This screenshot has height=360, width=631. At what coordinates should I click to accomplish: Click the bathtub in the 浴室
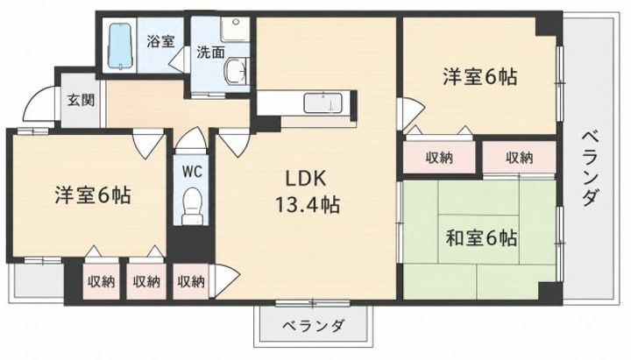coord(120,46)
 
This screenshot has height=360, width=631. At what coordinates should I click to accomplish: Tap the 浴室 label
coord(160,41)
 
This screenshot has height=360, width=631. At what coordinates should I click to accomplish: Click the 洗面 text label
coord(210,53)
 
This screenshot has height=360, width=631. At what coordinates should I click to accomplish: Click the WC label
coord(192,173)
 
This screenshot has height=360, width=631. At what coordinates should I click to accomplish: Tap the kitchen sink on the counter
coord(323,103)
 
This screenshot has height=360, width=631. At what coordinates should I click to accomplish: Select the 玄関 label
coord(81,99)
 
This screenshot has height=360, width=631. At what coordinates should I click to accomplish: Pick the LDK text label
coord(305,179)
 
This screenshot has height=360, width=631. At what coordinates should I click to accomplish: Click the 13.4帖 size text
coord(307,205)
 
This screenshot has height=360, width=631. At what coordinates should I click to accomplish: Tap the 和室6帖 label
coord(481,238)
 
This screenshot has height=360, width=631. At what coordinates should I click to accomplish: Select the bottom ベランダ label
coord(313,325)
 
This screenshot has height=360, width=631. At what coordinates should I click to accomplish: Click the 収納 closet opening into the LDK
coord(191,281)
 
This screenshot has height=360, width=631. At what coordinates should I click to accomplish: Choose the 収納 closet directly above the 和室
coord(519,158)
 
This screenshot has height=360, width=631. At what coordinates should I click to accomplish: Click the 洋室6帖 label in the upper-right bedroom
coord(479,76)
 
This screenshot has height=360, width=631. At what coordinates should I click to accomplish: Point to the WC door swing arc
coord(192,137)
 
